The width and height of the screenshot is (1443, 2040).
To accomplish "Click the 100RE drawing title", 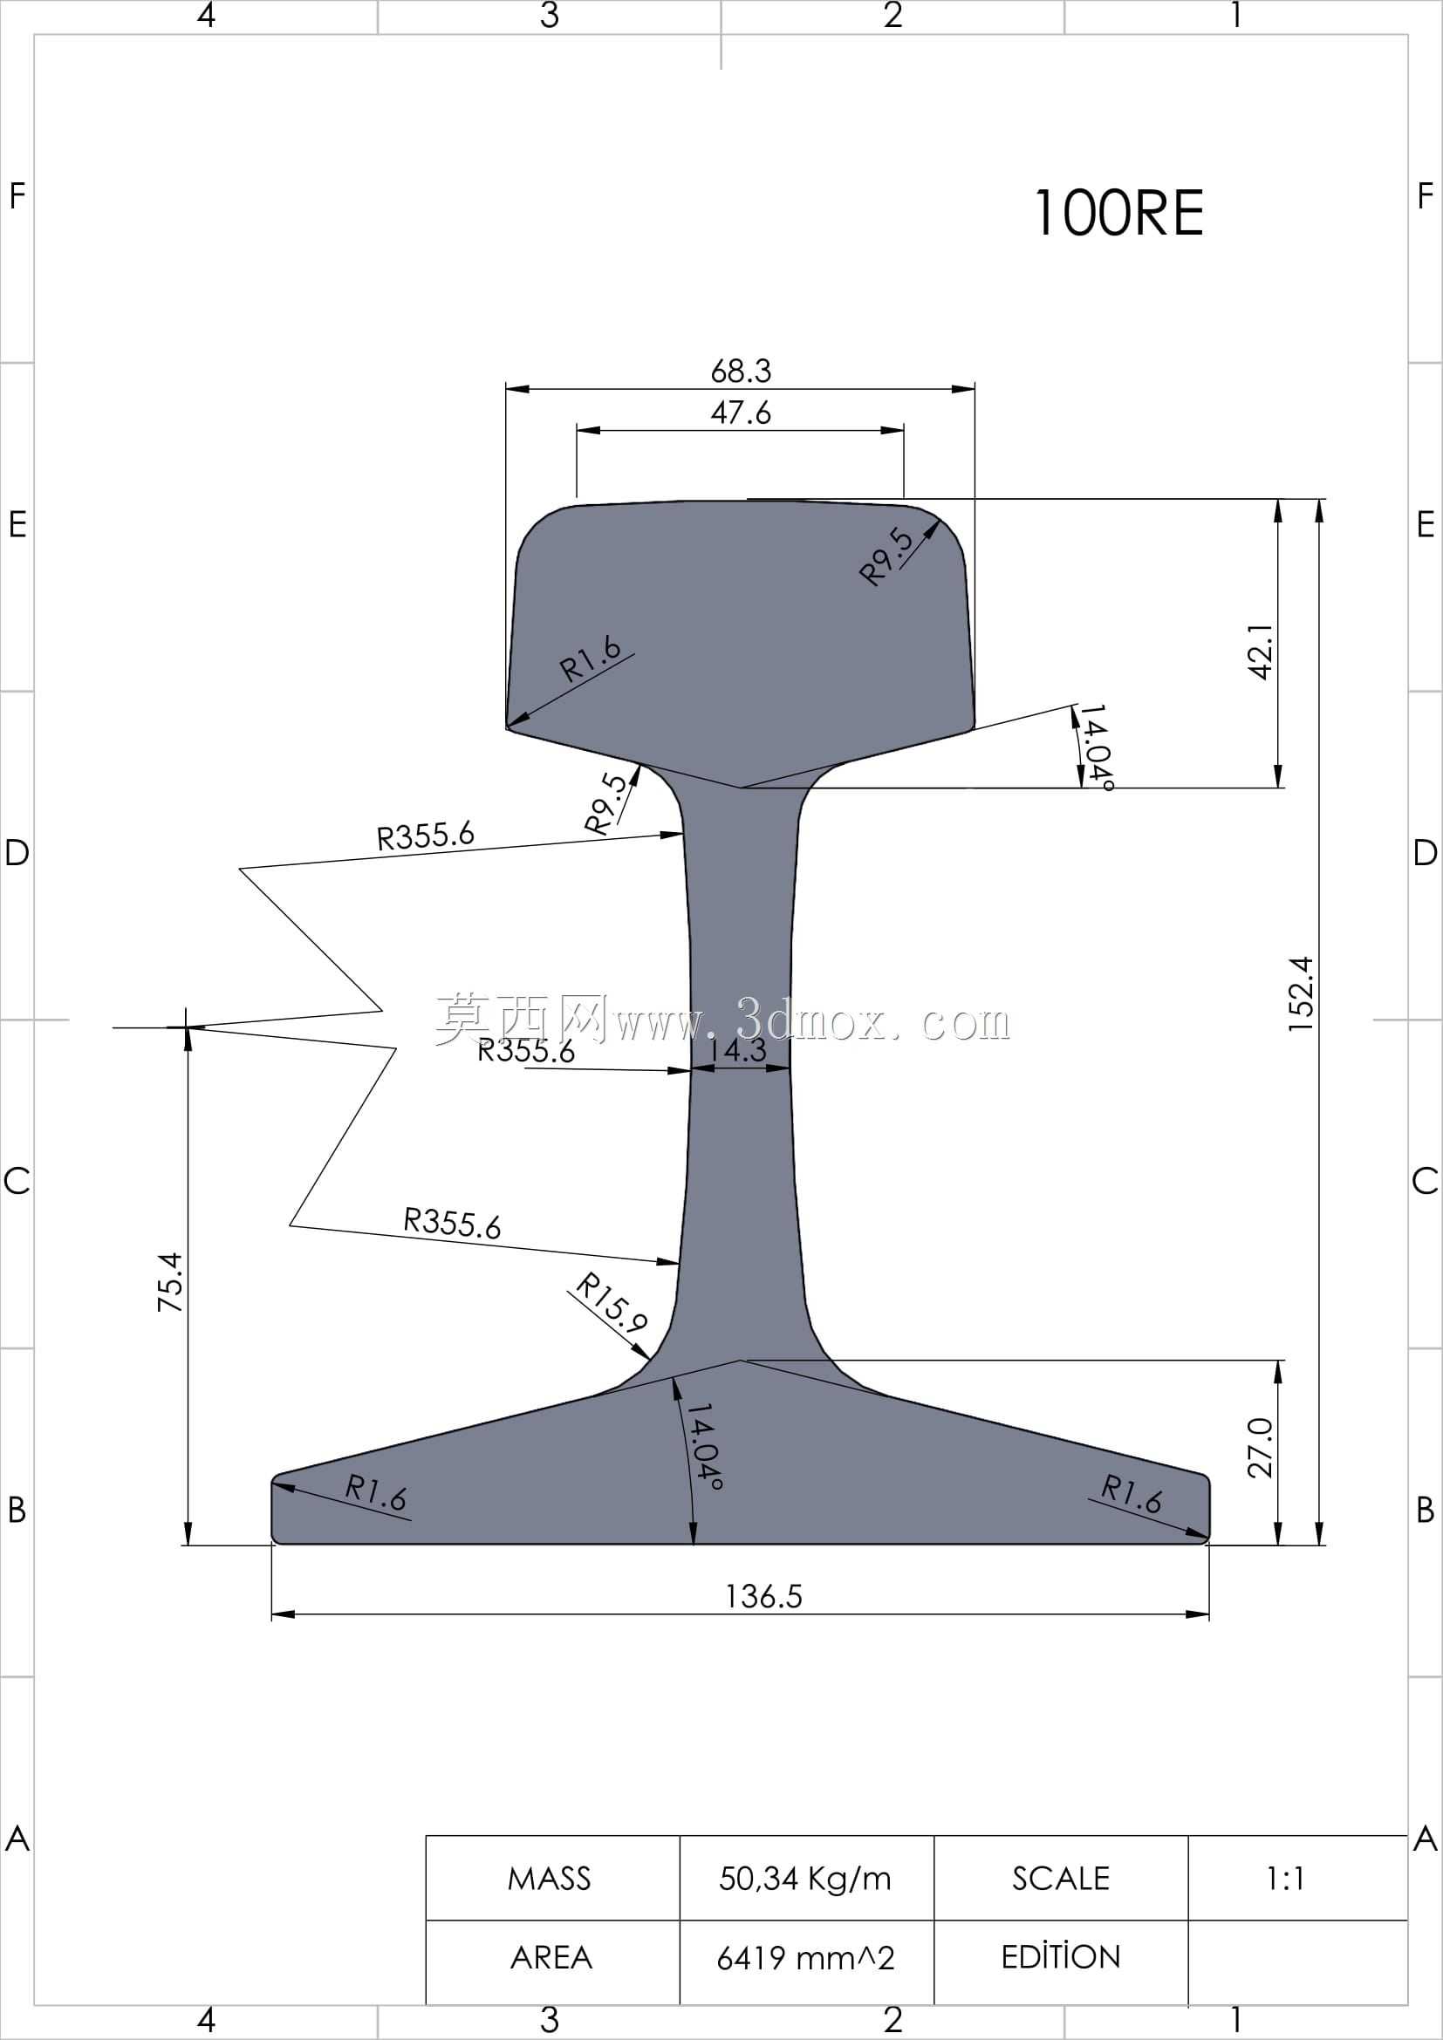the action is [x=1118, y=213].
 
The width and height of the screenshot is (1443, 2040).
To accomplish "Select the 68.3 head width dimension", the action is [x=741, y=371].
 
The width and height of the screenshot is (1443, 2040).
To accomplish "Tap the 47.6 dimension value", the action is [x=741, y=413].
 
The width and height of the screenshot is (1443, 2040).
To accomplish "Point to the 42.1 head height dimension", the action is [x=1261, y=652].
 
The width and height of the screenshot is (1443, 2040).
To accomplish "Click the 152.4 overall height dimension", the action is [x=1300, y=993].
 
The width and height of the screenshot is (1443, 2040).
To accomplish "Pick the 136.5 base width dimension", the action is [x=763, y=1597].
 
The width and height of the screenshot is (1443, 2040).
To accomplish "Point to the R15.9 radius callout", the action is [x=612, y=1302].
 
